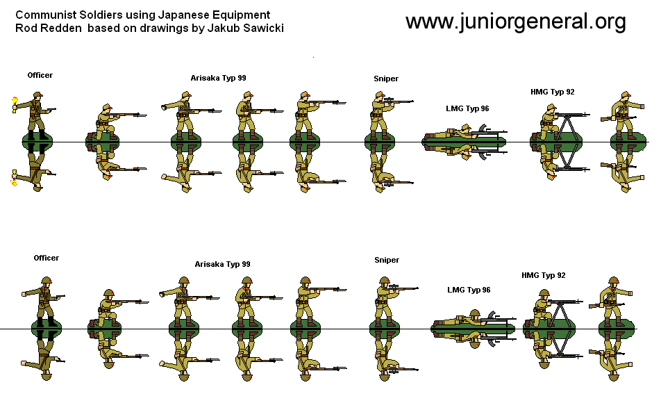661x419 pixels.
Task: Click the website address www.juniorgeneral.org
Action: (x=515, y=22)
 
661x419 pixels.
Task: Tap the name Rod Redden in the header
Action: (x=47, y=28)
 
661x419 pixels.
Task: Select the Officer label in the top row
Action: (x=40, y=75)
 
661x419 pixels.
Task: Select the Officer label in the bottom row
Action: (x=47, y=258)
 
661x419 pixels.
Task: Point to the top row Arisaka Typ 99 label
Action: (x=218, y=78)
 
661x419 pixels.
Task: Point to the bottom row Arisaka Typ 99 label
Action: (x=222, y=264)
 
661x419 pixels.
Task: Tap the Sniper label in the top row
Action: (x=386, y=79)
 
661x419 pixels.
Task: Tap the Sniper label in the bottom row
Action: (x=387, y=260)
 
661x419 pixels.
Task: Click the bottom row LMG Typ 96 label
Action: (x=469, y=289)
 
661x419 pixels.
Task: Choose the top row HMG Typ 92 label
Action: (x=552, y=92)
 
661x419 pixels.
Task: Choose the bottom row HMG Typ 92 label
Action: (x=543, y=275)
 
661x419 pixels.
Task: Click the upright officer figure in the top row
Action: (x=37, y=118)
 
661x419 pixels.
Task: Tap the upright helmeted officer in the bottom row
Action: (x=45, y=301)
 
